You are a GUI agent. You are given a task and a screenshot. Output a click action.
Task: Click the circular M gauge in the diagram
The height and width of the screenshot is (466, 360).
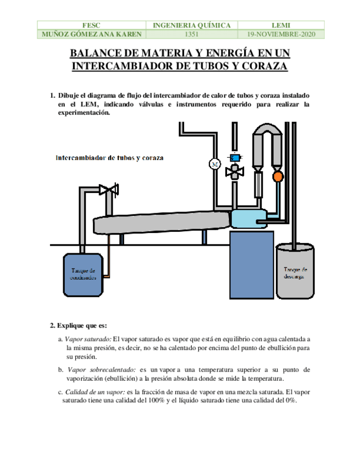pos(214,163)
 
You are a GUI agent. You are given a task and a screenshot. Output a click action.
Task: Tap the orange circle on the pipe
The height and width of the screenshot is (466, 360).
pos(278,176)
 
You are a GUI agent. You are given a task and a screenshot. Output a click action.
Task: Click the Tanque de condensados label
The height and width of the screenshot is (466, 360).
pos(84,274)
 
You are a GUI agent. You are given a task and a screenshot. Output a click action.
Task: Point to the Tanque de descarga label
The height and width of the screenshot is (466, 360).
pos(295,273)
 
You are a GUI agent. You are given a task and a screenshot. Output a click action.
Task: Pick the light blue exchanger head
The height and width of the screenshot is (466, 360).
pos(248,219)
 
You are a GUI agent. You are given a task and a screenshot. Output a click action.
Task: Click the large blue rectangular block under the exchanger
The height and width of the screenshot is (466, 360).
pos(251,265)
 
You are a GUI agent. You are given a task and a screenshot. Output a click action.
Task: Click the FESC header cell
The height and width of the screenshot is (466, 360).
pos(91,25)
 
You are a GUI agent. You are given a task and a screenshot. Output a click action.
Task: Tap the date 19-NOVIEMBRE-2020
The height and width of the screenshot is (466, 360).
pos(281,34)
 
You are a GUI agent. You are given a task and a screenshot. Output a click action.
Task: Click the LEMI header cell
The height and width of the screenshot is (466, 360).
pos(281,25)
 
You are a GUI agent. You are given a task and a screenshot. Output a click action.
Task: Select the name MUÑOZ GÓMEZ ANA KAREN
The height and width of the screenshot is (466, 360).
pos(91,34)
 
